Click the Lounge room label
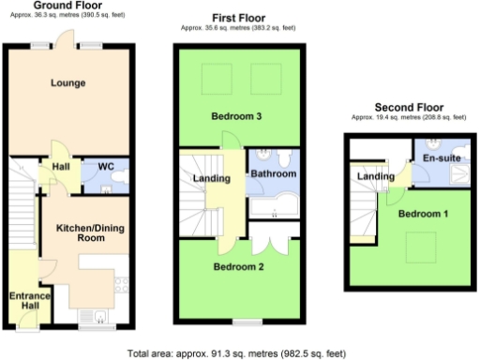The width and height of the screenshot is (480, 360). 67,83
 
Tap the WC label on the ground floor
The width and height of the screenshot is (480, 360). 105,167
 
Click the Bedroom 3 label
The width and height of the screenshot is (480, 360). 235,116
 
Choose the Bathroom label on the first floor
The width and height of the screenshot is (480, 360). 273,174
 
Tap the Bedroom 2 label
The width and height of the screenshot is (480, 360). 238,267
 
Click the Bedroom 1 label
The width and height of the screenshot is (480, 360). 424,215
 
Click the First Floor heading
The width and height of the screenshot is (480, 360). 239,18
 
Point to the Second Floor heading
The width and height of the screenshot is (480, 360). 409,107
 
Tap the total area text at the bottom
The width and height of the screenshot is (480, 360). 239,353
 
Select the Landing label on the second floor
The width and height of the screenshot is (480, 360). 376,176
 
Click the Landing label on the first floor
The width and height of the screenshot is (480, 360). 212,179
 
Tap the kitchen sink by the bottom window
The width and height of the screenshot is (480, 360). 97,316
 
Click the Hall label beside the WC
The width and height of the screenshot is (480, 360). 61,167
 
